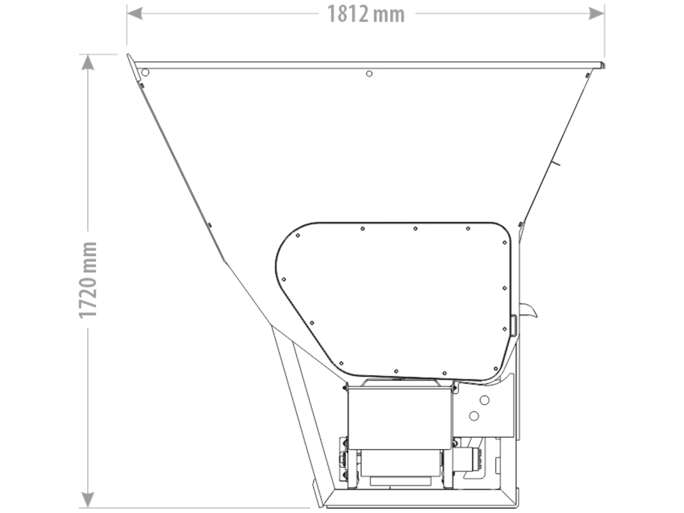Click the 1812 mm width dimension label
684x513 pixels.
(366, 15)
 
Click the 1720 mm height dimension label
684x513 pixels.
(88, 280)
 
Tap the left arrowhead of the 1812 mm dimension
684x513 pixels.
(135, 14)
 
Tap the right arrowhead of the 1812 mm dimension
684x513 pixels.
(596, 14)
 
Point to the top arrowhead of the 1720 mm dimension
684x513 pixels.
(88, 62)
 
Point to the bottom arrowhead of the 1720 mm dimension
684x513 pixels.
(88, 500)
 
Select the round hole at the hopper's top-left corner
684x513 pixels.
(145, 73)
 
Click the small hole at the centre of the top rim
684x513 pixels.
(369, 74)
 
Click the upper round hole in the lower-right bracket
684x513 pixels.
(484, 400)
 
